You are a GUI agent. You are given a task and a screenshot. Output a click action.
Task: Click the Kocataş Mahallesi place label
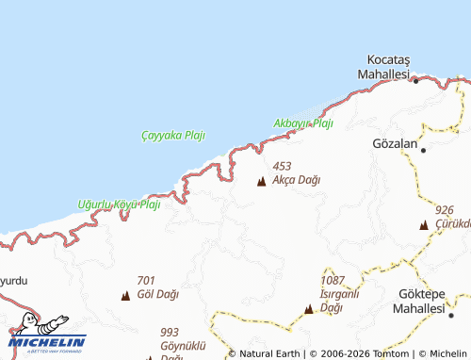[x=387, y=65]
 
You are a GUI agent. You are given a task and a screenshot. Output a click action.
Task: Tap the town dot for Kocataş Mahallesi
[x=416, y=80]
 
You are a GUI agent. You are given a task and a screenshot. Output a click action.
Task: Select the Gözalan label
[x=395, y=142]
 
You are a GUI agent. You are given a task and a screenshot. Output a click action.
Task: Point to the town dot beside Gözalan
[x=424, y=150]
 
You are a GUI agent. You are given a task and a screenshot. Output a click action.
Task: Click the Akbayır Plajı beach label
[x=303, y=123]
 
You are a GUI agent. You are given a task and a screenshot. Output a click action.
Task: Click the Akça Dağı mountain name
[x=297, y=179]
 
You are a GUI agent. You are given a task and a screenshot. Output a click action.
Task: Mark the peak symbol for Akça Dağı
[x=261, y=181]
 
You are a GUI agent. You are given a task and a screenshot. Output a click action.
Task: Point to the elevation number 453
[x=282, y=166]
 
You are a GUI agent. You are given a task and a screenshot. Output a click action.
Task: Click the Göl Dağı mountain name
[x=157, y=294]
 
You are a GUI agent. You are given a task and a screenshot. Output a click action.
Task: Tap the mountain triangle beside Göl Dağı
[x=125, y=296]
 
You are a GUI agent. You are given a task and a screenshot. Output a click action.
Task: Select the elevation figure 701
[x=146, y=281]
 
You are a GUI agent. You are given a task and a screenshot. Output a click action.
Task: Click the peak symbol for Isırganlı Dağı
[x=308, y=308]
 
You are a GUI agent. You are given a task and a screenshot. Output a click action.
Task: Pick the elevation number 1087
[x=333, y=281]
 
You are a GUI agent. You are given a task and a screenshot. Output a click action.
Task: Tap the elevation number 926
[x=446, y=209]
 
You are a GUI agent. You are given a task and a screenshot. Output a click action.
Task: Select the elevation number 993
[x=170, y=332]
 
